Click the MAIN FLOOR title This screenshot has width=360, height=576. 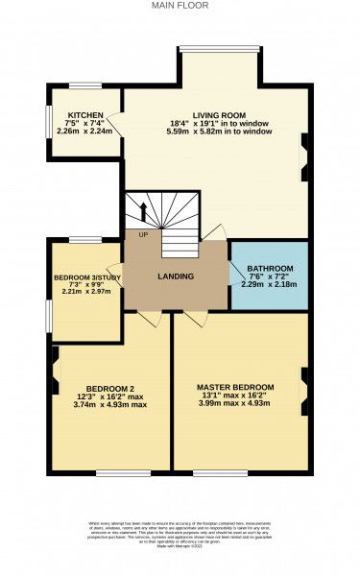pyautogui.click(x=180, y=5)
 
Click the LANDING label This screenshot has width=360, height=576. pyautogui.click(x=176, y=276)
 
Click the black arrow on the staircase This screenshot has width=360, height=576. pyautogui.click(x=143, y=210)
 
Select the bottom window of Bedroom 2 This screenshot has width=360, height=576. pyautogui.click(x=122, y=471)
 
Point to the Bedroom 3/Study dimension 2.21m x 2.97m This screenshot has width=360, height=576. pyautogui.click(x=84, y=291)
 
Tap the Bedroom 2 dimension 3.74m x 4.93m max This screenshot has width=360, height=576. pyautogui.click(x=101, y=404)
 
